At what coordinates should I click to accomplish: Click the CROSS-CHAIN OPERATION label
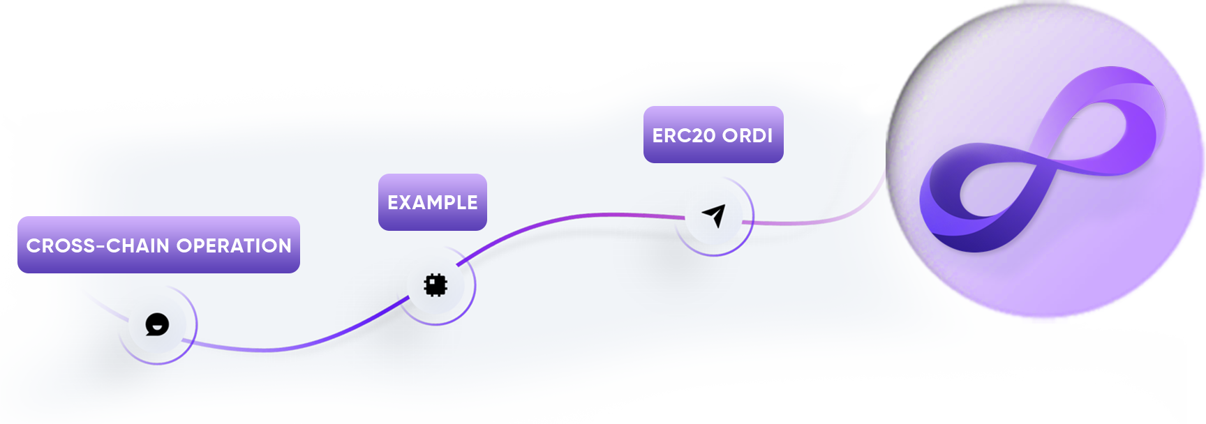(158, 245)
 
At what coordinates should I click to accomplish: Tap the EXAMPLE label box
(433, 202)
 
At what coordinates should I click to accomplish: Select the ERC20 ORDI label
(713, 135)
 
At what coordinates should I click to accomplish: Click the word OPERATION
(234, 245)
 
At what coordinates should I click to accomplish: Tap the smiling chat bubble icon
(157, 325)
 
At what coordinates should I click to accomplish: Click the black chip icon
(435, 285)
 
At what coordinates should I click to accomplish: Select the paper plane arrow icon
(714, 215)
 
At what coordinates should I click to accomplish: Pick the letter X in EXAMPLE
(405, 202)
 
